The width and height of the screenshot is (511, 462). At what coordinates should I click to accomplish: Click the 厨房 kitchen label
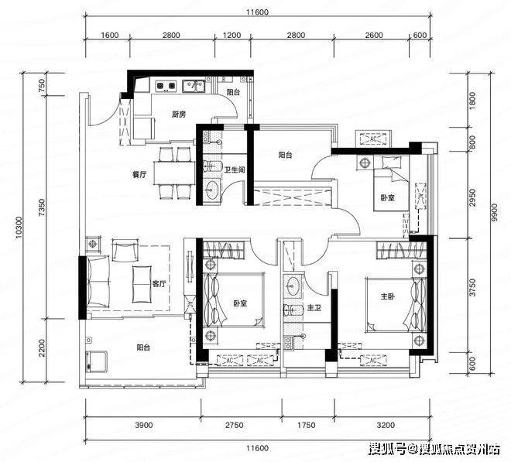[x=179, y=115]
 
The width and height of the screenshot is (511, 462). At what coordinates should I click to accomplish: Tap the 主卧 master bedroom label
[x=387, y=296]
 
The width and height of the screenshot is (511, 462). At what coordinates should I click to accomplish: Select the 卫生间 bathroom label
[x=234, y=169]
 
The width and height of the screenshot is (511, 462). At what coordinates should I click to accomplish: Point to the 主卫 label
[x=314, y=307]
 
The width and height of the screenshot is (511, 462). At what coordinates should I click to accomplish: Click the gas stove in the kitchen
[x=166, y=85]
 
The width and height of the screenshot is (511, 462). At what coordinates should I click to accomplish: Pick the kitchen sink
[x=194, y=86]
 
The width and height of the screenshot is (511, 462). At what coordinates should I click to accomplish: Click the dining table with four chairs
[x=174, y=173]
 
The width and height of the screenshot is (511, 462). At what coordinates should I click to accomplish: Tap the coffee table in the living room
[x=142, y=284]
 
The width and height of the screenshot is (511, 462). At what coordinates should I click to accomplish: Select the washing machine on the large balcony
[x=96, y=361]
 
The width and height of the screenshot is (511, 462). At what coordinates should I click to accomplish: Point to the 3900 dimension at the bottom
[x=144, y=425]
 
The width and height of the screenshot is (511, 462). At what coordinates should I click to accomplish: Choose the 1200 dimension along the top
[x=231, y=35]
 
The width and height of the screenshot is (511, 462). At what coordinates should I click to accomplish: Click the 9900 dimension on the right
[x=495, y=213]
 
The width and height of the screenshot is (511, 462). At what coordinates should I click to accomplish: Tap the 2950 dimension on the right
[x=473, y=197]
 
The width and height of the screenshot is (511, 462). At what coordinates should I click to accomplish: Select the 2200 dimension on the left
[x=42, y=347]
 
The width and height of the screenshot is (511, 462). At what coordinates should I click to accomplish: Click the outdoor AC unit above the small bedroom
[x=373, y=139]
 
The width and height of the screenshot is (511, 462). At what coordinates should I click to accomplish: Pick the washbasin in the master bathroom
[x=294, y=286]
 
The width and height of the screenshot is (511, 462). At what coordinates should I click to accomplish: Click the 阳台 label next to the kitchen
[x=233, y=92]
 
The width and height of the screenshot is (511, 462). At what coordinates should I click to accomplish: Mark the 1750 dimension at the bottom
[x=307, y=425]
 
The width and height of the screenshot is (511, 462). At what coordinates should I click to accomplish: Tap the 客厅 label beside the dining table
[x=139, y=175]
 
